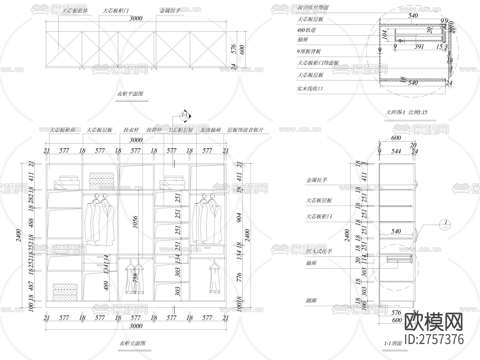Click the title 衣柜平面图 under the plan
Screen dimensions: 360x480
coord(130,94)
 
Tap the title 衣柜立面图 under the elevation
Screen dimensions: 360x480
coord(132,343)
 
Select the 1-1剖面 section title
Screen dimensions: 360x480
coord(393,343)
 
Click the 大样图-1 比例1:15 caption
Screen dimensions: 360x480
coord(406,112)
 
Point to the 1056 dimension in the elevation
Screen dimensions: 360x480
coord(135,222)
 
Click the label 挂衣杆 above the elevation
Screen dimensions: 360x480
coord(131,130)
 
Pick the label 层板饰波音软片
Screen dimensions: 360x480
coord(245,130)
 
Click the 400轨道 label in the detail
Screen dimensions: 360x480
coord(306,30)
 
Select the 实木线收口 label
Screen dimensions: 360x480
coord(310,89)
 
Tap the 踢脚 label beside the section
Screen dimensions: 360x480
coord(311,301)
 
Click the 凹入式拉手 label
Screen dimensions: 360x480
coord(319,251)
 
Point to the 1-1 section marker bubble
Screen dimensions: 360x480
coord(185,115)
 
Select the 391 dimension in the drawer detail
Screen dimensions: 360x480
coord(419,47)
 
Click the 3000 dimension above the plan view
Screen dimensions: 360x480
coord(136,18)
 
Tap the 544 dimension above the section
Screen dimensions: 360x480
coord(396,151)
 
